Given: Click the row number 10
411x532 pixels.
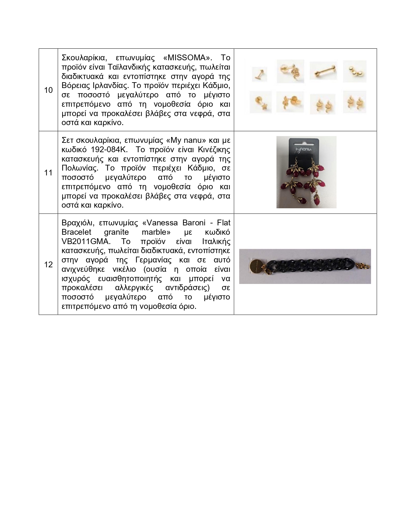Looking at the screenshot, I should [48, 90].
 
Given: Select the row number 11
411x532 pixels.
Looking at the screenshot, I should [48, 173].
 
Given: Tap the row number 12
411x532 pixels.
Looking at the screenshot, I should [48, 265].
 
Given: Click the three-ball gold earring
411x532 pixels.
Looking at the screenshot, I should [354, 71].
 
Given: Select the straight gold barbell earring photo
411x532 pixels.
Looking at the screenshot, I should [323, 71].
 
